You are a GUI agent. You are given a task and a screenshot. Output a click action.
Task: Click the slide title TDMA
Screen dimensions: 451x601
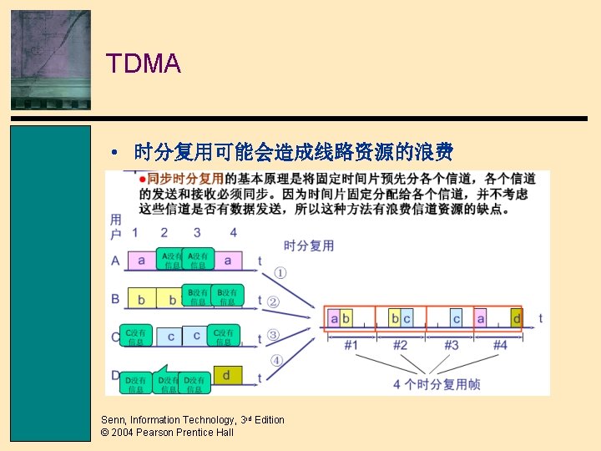[x=143, y=63]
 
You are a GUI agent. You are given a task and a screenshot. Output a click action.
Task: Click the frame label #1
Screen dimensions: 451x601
[x=351, y=344]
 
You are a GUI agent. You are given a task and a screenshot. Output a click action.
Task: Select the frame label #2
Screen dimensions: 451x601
[x=401, y=344]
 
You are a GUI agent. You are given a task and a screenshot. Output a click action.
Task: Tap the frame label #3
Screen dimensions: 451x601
[x=451, y=344]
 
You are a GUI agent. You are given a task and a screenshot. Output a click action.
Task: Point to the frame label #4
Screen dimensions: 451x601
[x=499, y=344]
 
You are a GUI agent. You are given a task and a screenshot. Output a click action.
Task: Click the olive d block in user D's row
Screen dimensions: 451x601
[x=226, y=376]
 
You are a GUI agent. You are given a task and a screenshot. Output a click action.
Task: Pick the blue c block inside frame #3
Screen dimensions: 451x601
[x=457, y=318]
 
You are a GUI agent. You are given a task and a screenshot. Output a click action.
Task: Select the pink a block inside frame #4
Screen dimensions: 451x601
[x=481, y=318]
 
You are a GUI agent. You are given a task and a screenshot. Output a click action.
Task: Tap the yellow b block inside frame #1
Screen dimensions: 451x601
[x=346, y=318]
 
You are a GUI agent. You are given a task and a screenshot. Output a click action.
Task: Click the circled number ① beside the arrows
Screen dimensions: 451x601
[x=280, y=272]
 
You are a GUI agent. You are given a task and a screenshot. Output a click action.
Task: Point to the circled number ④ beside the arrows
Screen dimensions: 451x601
[x=275, y=361]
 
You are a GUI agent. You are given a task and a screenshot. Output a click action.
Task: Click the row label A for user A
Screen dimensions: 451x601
[x=115, y=261]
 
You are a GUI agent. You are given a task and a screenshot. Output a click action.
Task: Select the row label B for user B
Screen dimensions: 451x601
[x=115, y=298]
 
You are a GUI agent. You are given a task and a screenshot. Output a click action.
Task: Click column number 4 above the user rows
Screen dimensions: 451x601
[x=234, y=232]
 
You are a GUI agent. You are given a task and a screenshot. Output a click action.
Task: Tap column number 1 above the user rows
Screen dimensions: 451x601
[x=135, y=232]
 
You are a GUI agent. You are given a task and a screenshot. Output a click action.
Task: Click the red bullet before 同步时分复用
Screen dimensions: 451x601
[x=143, y=178]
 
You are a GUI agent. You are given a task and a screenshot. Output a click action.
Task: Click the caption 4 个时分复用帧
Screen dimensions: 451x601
[x=437, y=384]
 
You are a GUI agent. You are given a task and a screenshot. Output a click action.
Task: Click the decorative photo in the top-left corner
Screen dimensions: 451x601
[x=50, y=59]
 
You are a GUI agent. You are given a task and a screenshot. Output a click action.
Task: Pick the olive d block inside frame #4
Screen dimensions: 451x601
[x=517, y=318]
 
